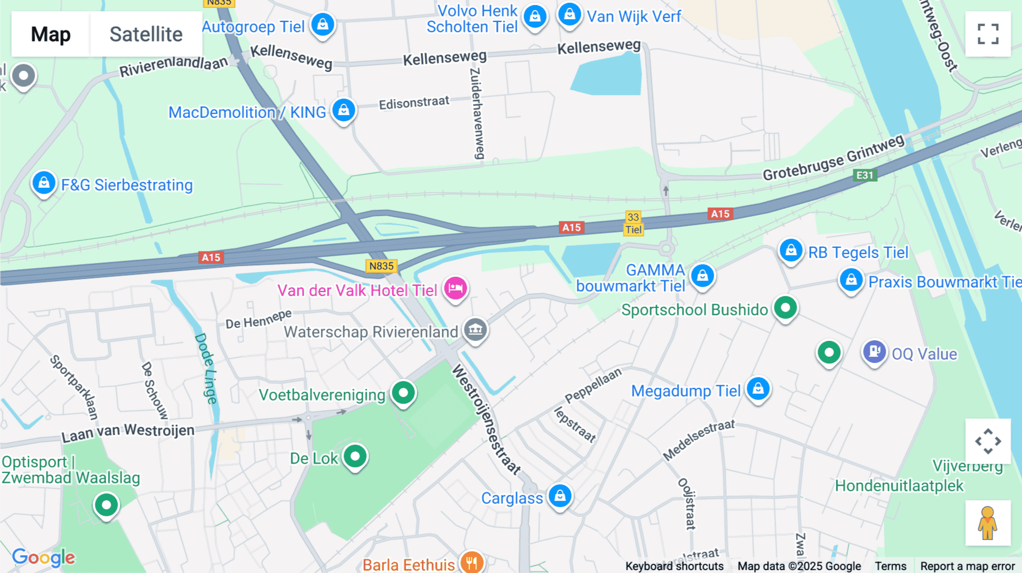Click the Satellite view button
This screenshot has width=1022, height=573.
(146, 34)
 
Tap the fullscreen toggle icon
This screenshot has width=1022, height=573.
(988, 34)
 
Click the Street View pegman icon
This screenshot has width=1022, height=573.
(988, 523)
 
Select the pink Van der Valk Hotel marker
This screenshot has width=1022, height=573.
(455, 288)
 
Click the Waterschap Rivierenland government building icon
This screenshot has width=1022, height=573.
(475, 329)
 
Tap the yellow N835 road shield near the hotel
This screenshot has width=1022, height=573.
(381, 266)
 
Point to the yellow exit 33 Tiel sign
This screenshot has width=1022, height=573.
(633, 223)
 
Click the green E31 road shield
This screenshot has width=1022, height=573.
(865, 175)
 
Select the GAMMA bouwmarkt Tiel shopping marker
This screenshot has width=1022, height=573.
(702, 276)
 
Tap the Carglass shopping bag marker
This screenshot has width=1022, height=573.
(560, 496)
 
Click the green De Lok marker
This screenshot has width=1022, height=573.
(355, 456)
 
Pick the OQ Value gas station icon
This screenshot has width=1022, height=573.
(874, 352)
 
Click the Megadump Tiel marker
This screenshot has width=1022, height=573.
(758, 389)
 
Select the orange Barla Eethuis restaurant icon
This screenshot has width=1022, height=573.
(472, 562)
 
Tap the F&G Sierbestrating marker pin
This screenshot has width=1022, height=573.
(44, 183)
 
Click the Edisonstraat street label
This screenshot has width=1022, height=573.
(414, 103)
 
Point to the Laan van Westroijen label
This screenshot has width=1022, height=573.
(128, 432)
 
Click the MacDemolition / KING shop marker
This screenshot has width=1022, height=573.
(344, 110)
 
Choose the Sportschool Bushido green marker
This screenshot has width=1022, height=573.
(785, 308)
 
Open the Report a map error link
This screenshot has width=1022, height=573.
(967, 566)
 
